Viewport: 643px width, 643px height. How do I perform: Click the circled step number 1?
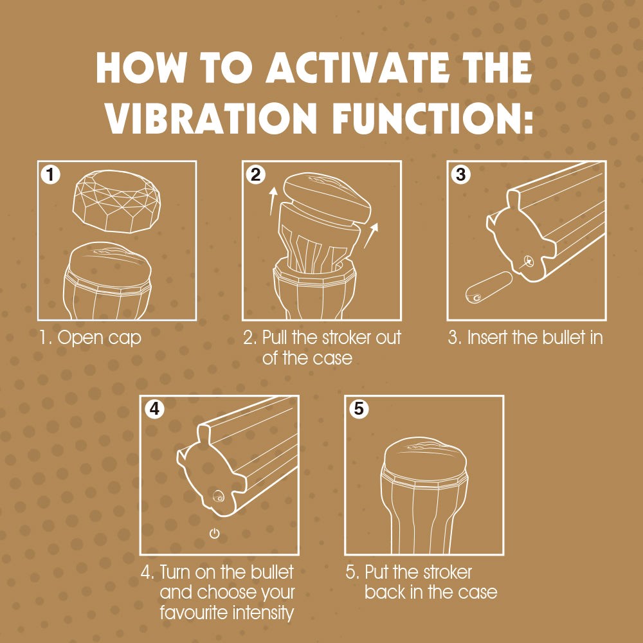(49, 174)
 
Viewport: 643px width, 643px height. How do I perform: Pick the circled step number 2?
(255, 174)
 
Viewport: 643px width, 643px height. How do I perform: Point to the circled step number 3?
(460, 174)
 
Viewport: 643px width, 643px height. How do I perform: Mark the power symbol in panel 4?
(215, 534)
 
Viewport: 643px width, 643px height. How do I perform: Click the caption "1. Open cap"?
(89, 338)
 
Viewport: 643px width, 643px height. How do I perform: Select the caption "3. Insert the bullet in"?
(525, 338)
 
